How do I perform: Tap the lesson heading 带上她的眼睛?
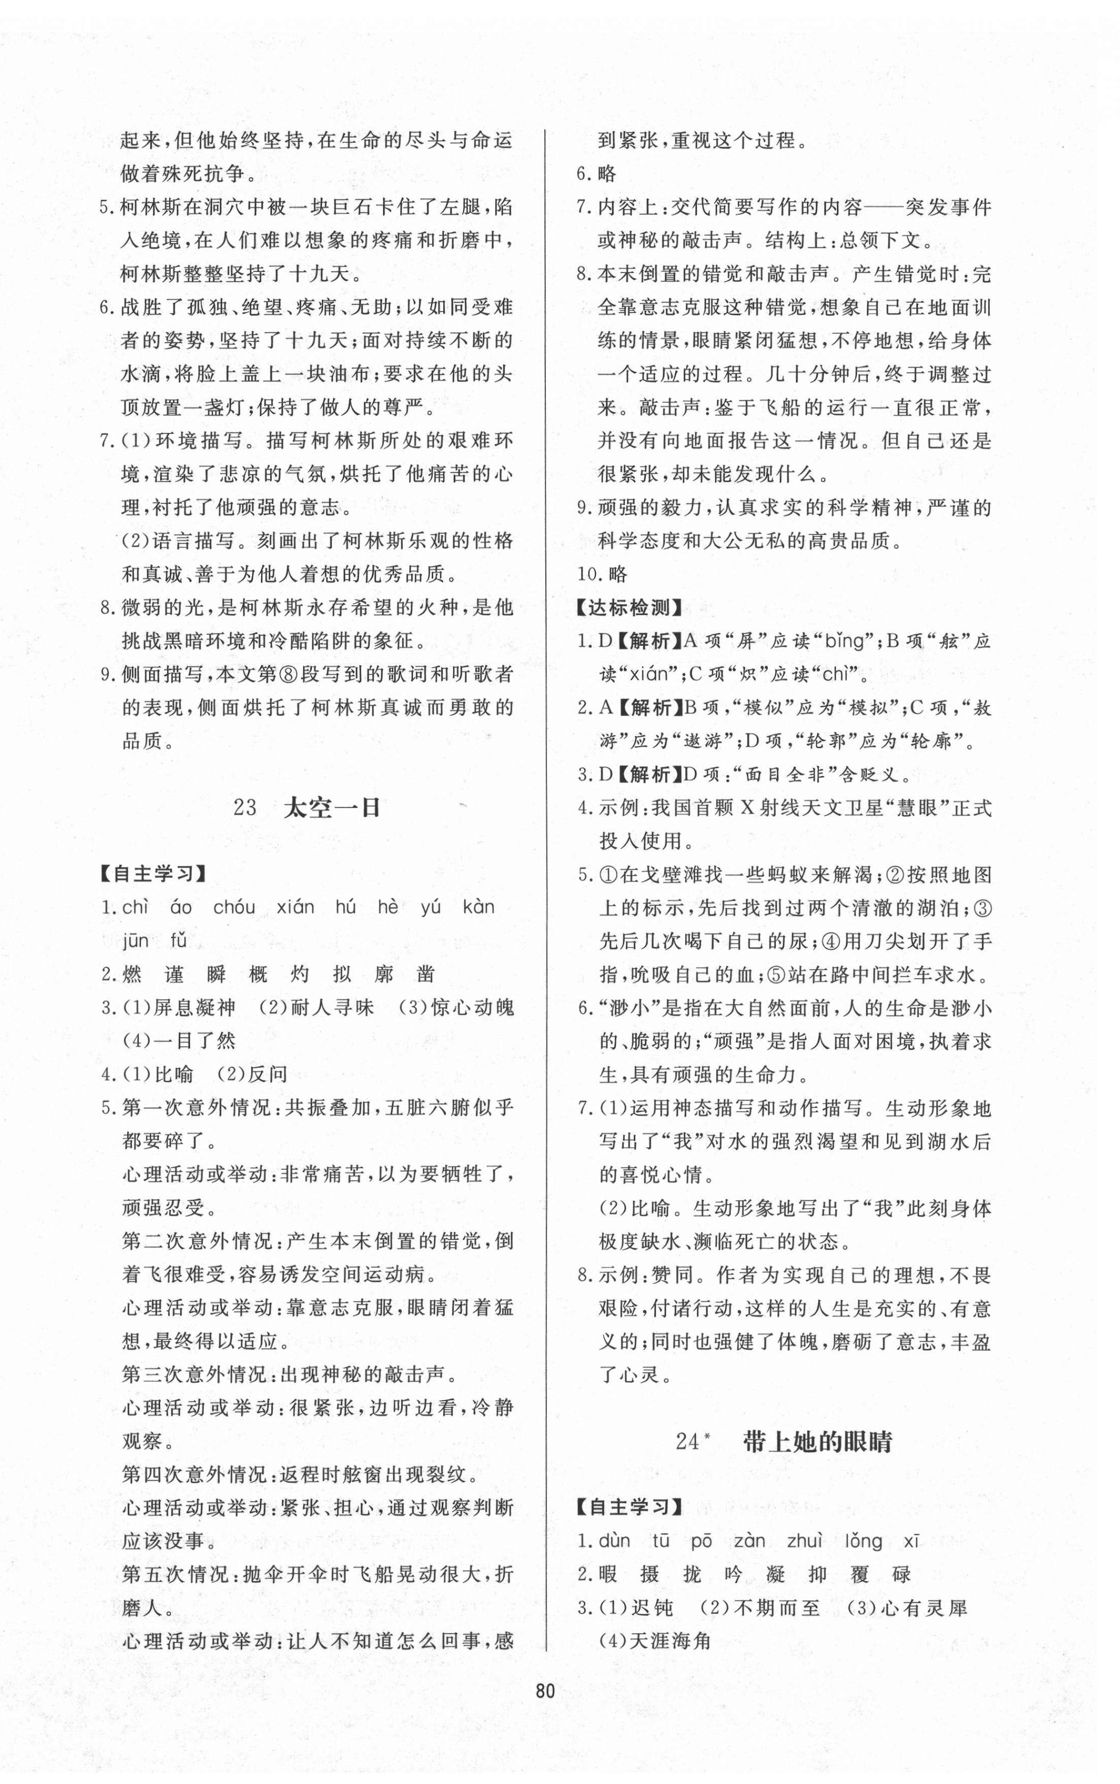(x=817, y=1442)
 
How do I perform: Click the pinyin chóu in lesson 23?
(x=234, y=907)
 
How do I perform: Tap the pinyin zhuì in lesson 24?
(x=804, y=1541)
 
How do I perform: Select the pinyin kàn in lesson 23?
(x=478, y=907)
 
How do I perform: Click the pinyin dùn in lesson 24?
(x=615, y=1541)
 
